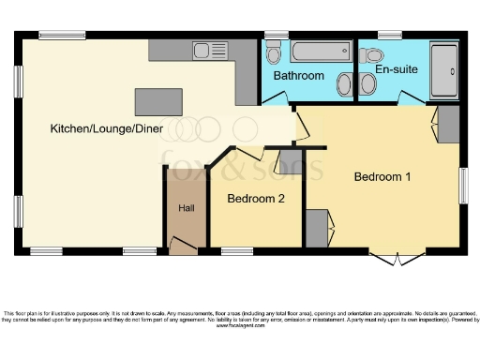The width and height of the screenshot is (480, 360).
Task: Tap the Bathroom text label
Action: [298, 76]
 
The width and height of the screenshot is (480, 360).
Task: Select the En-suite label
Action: [397, 68]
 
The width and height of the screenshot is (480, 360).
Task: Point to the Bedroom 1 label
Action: [382, 176]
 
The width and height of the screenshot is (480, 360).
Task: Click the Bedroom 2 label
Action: [256, 199]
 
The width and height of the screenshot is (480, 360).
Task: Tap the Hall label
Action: [186, 208]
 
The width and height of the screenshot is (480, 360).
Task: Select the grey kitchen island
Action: [158, 101]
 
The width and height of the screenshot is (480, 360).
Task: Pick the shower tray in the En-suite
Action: [443, 70]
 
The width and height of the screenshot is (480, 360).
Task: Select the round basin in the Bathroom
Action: [344, 84]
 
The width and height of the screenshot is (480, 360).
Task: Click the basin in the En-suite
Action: [367, 84]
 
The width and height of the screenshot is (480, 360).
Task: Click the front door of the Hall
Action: [183, 247]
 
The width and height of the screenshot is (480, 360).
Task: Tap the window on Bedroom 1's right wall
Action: [463, 186]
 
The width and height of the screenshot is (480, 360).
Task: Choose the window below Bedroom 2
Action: [237, 250]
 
